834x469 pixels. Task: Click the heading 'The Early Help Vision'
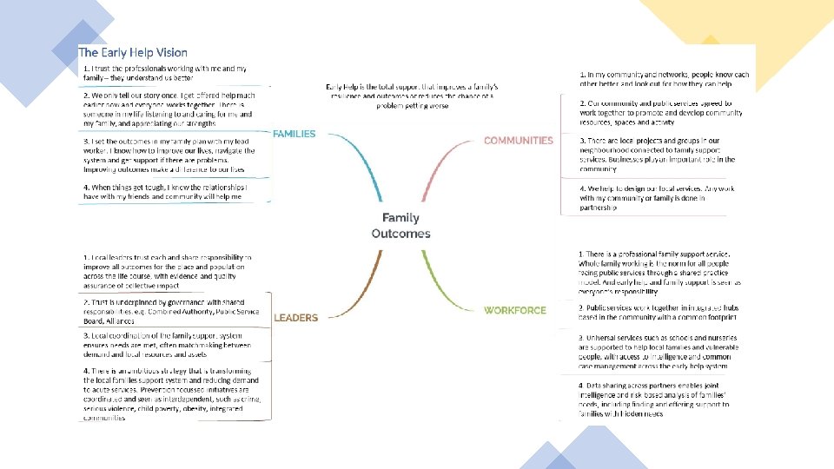[x=133, y=53]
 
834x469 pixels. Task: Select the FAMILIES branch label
[x=294, y=134]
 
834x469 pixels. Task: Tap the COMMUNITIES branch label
[x=518, y=140]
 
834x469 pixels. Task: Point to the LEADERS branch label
[x=295, y=318]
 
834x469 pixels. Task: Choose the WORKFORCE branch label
[x=515, y=310]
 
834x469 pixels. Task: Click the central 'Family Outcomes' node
[x=400, y=226]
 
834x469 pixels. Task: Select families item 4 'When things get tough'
[x=165, y=192]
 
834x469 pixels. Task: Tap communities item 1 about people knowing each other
[x=665, y=79]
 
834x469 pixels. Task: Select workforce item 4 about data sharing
[x=663, y=399]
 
